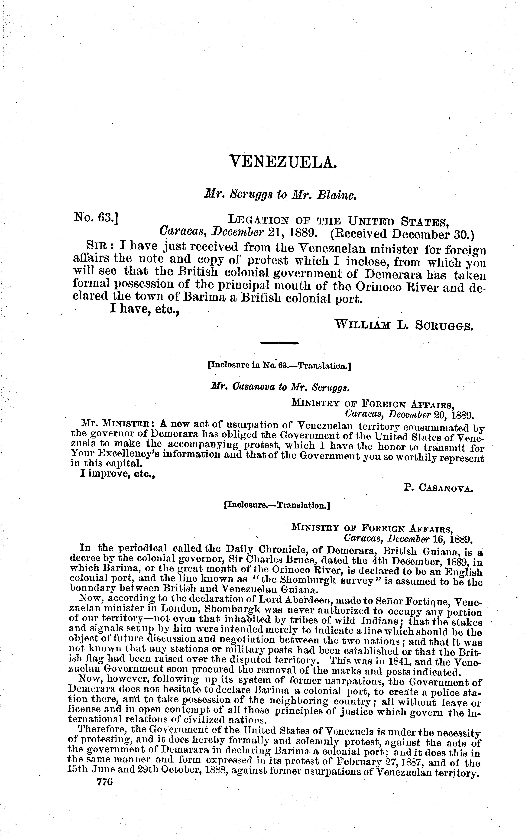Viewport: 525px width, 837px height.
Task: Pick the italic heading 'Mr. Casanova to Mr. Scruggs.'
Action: pyautogui.click(x=279, y=388)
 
